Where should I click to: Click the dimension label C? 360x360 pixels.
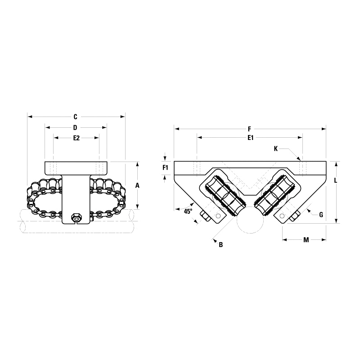click(76, 117)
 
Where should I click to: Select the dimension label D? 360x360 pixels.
click(75, 128)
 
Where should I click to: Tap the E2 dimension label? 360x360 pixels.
click(76, 138)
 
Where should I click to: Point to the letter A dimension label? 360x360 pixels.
click(137, 185)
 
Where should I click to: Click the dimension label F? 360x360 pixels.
click(250, 129)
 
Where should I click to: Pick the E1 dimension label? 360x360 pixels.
click(251, 138)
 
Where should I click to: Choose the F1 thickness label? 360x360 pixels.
click(165, 168)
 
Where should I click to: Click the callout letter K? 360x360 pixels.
click(276, 149)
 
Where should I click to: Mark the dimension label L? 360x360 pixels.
click(335, 180)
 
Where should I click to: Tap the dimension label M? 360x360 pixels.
click(306, 240)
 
